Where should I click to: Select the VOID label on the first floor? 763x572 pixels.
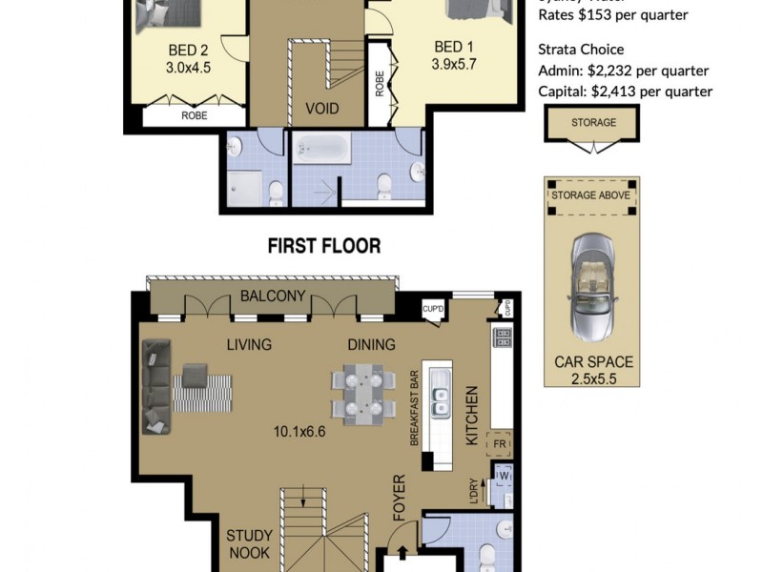tap(321, 108)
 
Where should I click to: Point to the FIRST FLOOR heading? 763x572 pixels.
tap(323, 246)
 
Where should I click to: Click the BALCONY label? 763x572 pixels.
tap(273, 296)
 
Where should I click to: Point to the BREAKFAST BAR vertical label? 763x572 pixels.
tap(415, 407)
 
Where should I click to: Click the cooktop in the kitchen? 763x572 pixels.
tap(502, 337)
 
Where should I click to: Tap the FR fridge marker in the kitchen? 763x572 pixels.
tap(499, 443)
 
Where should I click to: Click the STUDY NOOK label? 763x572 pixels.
tap(249, 543)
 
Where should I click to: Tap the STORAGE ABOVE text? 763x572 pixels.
tap(590, 196)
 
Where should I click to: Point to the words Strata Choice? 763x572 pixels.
tap(581, 50)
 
